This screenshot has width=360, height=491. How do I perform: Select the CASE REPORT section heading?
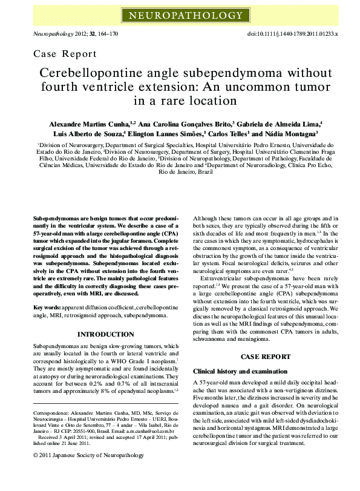(262, 357)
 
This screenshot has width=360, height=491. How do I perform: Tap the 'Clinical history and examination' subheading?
(237, 371)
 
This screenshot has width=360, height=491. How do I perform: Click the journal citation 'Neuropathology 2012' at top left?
(58, 35)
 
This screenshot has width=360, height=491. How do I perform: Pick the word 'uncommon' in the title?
(251, 87)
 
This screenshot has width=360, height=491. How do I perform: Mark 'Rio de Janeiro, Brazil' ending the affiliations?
(177, 171)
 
